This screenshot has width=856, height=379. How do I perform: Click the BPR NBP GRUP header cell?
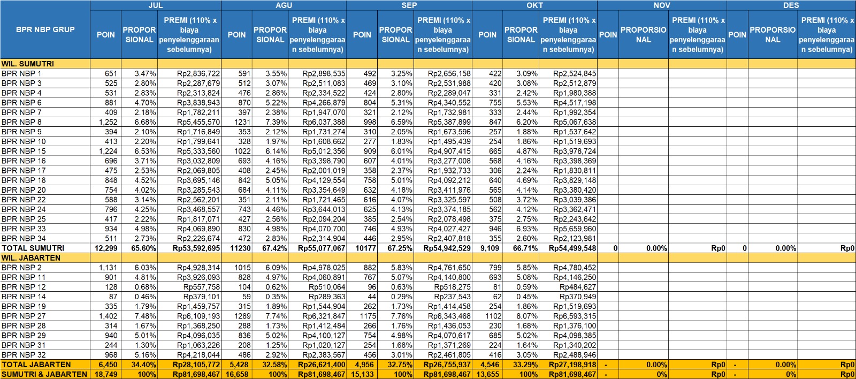[45, 29]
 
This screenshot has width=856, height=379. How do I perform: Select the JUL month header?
[156, 5]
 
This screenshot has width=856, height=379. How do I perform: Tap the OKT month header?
[534, 5]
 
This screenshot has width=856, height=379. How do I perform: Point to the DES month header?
[791, 5]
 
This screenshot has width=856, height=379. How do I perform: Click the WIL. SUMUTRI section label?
[28, 64]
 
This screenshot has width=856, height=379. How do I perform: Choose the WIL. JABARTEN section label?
[31, 257]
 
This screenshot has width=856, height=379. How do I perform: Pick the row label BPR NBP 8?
[21, 122]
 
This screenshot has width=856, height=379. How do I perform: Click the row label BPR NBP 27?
[24, 316]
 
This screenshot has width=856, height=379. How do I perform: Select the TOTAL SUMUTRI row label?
[33, 248]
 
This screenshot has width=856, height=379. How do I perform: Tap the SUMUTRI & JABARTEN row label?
[44, 374]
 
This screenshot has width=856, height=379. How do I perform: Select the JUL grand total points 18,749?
[106, 374]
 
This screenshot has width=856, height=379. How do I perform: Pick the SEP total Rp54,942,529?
[447, 248]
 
